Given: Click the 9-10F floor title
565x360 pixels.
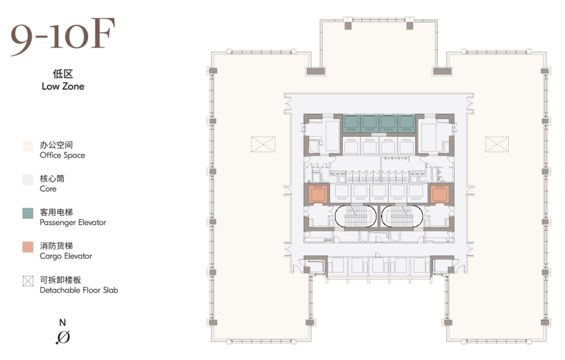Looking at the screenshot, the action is point(63,37).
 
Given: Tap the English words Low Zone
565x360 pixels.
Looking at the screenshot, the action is point(63,86).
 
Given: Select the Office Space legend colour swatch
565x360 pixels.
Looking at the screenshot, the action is point(28,146).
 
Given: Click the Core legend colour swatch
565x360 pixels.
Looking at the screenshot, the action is point(28,180).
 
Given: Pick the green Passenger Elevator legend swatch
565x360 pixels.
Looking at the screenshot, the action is point(28,213).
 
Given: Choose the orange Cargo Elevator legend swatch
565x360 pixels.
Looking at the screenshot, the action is point(28,247).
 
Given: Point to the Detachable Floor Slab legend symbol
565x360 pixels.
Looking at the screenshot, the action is point(28,281).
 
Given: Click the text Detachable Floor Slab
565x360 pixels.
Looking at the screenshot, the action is point(79,290).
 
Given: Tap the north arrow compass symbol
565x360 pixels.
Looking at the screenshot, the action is point(63,337).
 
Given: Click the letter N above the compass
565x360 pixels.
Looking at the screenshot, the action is point(63,322).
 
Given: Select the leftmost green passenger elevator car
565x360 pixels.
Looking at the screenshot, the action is point(351,124).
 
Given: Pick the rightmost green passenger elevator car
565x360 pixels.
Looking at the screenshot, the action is point(407,124).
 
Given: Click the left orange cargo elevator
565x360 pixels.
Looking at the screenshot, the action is point(318,194).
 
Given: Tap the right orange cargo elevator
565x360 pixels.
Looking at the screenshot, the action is point(440,194).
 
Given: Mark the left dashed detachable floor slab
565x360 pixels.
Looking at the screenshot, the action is point(263,144).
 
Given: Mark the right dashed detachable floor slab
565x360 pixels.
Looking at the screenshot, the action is point(497,144).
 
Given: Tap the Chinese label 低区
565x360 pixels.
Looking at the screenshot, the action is point(63,74).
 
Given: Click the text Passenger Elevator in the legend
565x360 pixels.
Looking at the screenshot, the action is point(73,222).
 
